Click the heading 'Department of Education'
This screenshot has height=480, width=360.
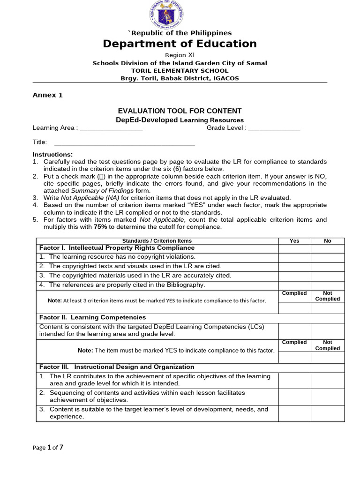(x=180, y=44)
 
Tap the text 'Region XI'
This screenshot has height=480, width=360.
(x=180, y=55)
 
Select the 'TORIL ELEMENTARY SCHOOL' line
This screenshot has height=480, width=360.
(x=180, y=71)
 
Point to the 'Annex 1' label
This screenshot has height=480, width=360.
(x=47, y=95)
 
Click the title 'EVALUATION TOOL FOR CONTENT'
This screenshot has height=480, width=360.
(x=180, y=111)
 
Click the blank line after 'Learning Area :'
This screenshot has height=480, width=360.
(x=111, y=128)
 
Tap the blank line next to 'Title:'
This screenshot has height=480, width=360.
(x=125, y=142)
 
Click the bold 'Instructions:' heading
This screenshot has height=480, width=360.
(x=52, y=154)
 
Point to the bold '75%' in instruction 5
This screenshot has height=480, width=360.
(x=100, y=227)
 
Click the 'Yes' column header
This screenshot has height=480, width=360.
(x=294, y=241)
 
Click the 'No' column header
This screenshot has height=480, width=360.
(x=328, y=241)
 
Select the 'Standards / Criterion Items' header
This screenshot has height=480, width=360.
(x=157, y=241)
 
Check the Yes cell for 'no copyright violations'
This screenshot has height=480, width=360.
(x=294, y=257)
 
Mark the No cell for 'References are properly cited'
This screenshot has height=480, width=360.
(x=328, y=285)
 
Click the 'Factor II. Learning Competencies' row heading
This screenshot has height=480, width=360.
(x=93, y=318)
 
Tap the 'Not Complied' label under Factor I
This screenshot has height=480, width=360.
(x=328, y=296)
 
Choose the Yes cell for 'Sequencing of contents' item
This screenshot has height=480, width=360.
(x=294, y=397)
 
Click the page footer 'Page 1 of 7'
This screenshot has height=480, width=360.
(x=48, y=448)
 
